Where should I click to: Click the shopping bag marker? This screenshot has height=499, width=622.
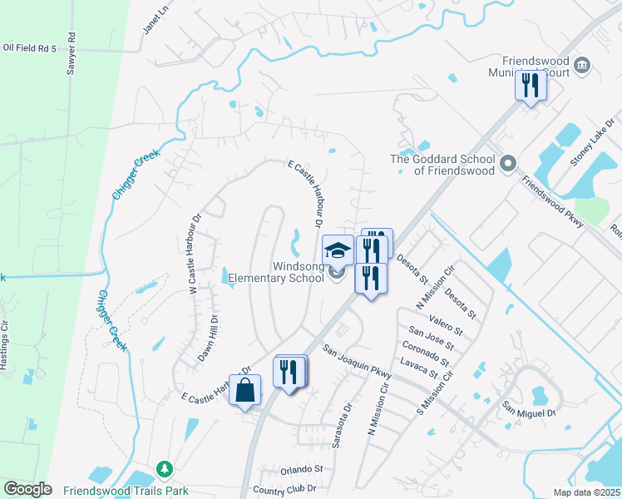click(x=245, y=390)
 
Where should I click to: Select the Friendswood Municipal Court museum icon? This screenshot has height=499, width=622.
click(x=582, y=65)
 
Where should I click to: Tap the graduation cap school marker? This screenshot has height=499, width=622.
click(x=338, y=250)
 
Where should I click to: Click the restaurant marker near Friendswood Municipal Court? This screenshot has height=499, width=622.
click(x=530, y=85)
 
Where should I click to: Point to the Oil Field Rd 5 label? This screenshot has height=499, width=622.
click(x=29, y=48)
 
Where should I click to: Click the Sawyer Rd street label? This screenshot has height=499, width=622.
click(x=72, y=54)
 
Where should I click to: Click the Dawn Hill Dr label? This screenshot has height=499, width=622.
click(x=207, y=338)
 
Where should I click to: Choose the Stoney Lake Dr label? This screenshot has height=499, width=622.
click(x=593, y=142)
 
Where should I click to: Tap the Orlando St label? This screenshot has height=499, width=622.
click(x=300, y=469)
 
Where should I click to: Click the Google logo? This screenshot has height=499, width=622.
click(x=27, y=489)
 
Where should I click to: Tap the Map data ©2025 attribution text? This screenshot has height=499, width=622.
click(x=585, y=492)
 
